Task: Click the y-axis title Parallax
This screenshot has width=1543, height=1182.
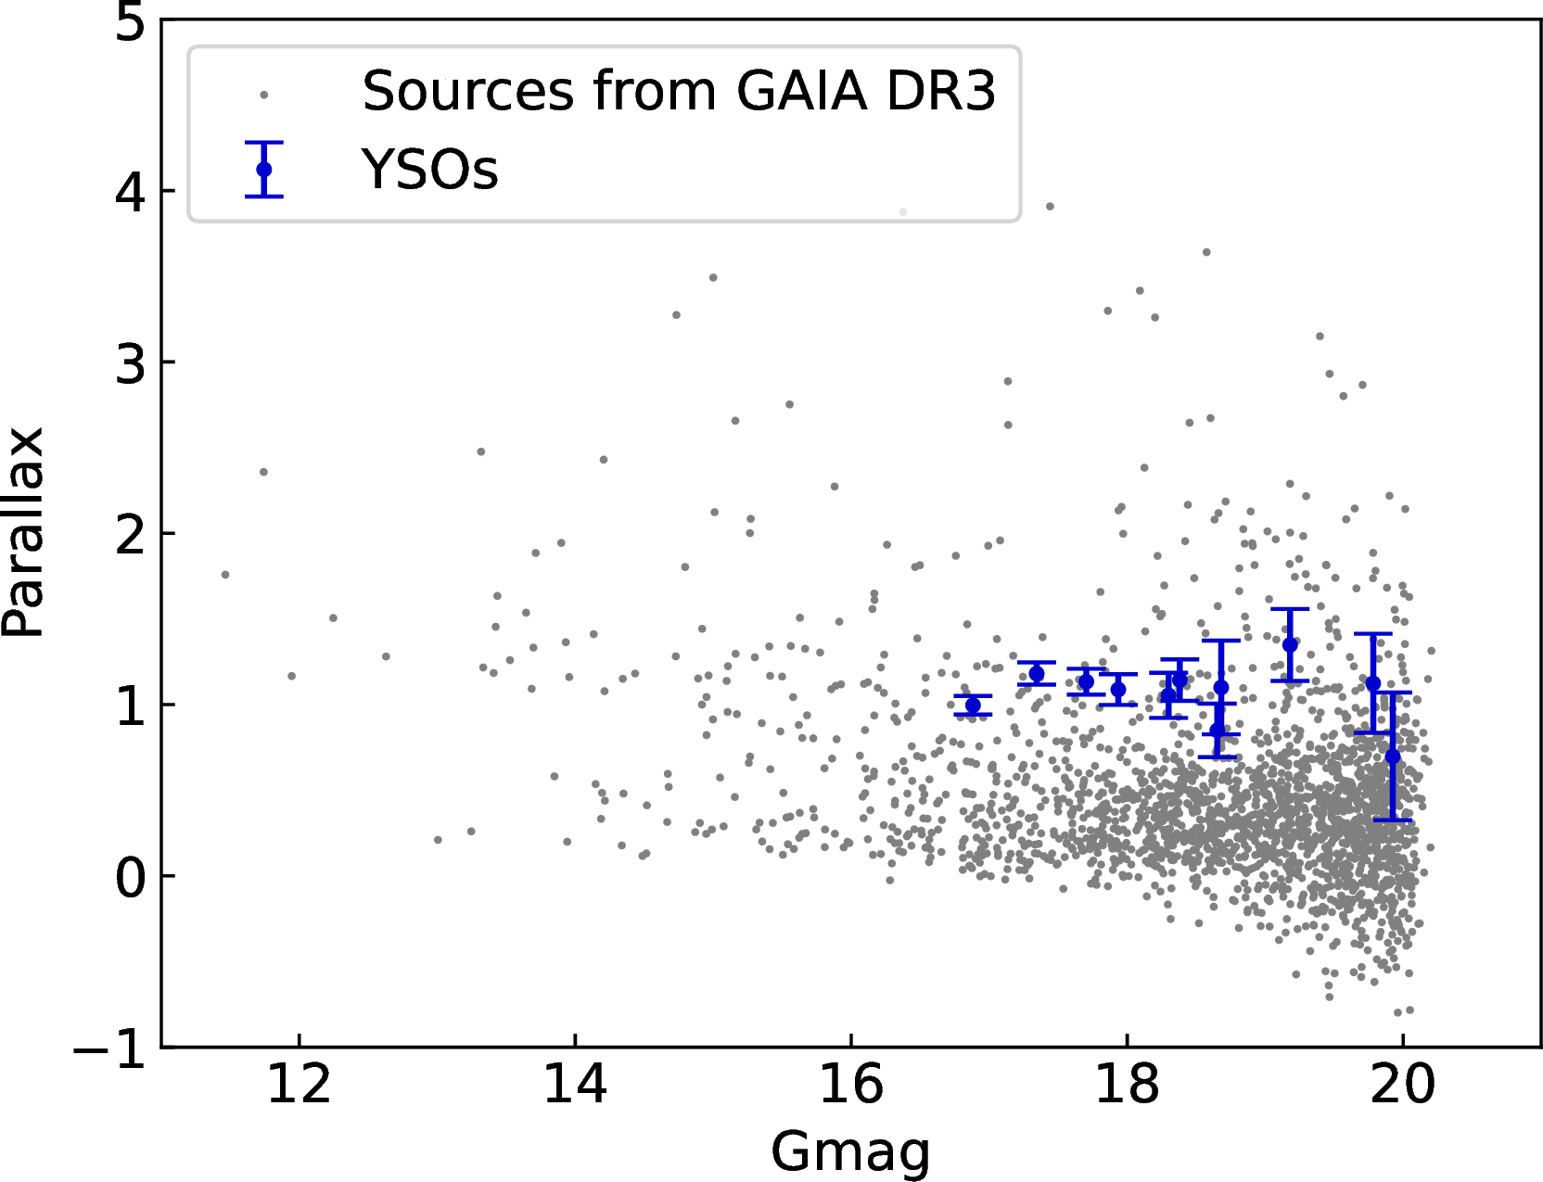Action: coord(24,532)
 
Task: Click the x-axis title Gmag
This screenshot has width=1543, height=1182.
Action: coord(849,1152)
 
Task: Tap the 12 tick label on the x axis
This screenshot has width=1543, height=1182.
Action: coord(299,1084)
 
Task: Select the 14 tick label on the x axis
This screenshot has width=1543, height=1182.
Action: coord(575,1084)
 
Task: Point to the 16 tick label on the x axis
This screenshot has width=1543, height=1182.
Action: coord(850,1084)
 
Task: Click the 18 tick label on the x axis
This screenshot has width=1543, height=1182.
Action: coord(1127,1084)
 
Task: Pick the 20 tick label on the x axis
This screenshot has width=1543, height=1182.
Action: coord(1402,1084)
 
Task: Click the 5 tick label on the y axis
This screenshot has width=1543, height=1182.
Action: coord(131,22)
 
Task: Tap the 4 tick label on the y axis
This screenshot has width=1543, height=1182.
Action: coord(131,192)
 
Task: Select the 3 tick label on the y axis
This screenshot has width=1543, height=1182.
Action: coord(131,363)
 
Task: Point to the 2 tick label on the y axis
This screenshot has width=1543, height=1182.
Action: coord(131,535)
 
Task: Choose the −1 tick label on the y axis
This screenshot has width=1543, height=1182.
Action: coord(111,1049)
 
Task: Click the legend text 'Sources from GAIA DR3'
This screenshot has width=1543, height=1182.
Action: coord(679,91)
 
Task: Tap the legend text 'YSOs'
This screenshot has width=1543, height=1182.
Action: coord(430,170)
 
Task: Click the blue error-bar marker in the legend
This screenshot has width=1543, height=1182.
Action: coord(264,170)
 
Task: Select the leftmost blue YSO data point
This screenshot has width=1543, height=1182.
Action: coord(973,705)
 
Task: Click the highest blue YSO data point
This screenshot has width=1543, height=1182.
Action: coord(1290,644)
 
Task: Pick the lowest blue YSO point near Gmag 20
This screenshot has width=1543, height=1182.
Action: coord(1393,756)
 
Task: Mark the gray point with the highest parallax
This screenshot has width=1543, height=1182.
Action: coord(1050,207)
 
